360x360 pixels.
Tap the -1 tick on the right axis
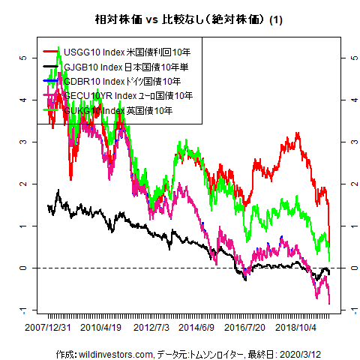coord(352,310)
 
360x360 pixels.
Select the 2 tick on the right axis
coord(352,184)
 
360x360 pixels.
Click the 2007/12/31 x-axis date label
coord(48,328)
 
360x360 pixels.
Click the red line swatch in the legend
coord(51,52)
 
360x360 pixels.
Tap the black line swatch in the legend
coord(51,67)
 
